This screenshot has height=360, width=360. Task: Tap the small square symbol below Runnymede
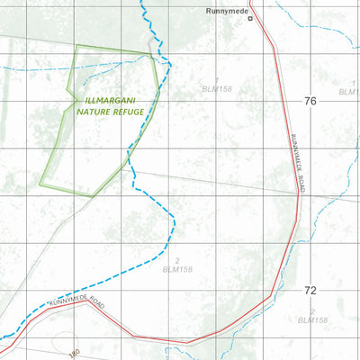pos(251,18)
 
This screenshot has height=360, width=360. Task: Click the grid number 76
pos(310,101)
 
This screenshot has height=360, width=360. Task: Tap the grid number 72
pos(310,290)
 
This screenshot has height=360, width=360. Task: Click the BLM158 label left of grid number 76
pos(217,90)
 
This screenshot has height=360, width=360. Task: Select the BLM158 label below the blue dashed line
pos(178,269)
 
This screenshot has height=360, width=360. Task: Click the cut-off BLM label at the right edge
pos(349,91)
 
